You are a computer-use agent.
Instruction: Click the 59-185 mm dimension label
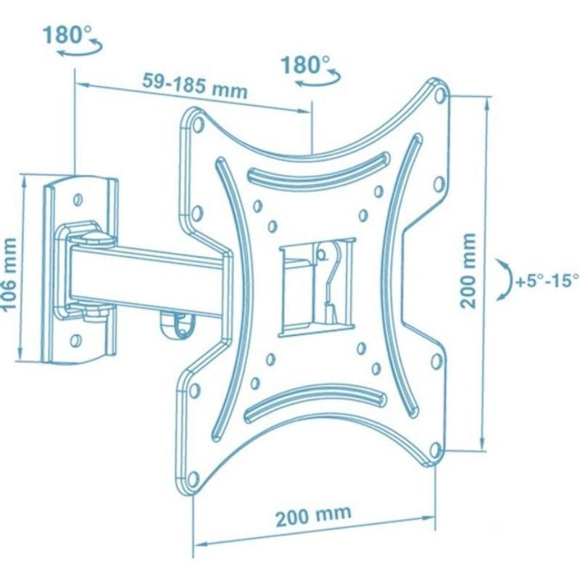click(194, 86)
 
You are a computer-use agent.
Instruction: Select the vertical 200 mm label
click(468, 270)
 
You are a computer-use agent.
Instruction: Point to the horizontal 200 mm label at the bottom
click(313, 515)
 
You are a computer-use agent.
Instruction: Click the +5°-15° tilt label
click(547, 281)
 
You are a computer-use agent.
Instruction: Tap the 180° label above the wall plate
click(67, 34)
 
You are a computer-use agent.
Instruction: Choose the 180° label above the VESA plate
click(305, 65)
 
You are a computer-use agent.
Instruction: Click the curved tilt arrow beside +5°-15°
click(505, 279)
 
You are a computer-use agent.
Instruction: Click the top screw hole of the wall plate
click(78, 200)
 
